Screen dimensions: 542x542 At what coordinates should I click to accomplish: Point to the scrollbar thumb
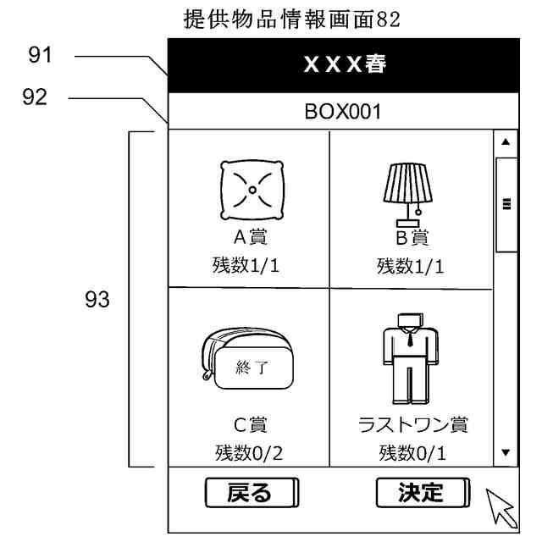click(506, 203)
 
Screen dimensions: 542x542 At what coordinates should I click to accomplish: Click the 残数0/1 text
click(412, 454)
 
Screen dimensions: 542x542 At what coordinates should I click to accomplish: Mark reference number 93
click(95, 301)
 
